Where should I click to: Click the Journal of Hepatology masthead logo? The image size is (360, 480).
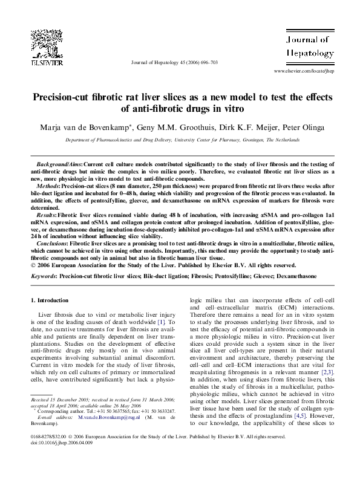pyautogui.click(x=309, y=47)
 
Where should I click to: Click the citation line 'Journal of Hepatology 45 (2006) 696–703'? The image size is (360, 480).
pyautogui.click(x=174, y=62)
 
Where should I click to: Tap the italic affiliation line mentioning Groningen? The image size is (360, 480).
pyautogui.click(x=182, y=140)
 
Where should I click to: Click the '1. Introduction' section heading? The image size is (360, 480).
pyautogui.click(x=53, y=300)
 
